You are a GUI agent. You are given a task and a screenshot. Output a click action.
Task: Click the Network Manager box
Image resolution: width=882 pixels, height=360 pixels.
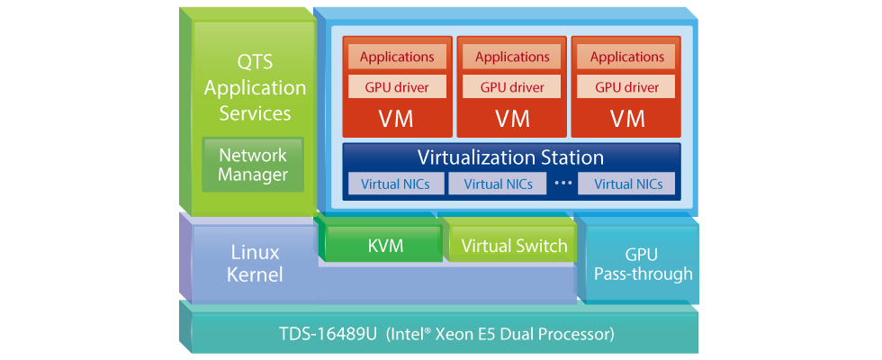253,164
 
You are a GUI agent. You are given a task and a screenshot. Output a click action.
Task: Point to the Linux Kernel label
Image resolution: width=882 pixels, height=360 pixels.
256,263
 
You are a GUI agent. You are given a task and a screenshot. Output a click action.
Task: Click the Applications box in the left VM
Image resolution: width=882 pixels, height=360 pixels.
397,57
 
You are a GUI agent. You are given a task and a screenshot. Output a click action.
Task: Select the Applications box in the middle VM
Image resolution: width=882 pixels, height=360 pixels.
512,57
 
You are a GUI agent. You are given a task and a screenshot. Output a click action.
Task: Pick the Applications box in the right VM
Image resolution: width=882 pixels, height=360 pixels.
627,57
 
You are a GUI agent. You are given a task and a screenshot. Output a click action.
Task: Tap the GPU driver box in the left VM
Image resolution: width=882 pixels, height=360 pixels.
397,87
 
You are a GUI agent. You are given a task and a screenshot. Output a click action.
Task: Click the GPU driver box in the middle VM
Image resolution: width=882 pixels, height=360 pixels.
512,87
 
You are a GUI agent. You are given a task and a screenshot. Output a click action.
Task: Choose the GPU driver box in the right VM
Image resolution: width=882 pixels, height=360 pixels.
627,87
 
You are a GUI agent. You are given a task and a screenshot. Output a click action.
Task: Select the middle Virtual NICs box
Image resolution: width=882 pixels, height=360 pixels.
491,184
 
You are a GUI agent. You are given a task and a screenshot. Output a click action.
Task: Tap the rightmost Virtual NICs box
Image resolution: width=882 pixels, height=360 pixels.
627,184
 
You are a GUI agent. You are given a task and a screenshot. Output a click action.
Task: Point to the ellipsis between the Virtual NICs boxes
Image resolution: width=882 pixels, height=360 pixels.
564,183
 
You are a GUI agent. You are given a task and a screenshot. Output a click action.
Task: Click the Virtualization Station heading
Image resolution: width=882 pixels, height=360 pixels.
510,157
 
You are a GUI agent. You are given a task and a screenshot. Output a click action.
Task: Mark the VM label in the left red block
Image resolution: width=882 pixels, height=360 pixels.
397,118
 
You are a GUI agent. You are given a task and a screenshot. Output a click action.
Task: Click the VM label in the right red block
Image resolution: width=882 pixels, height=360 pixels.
627,118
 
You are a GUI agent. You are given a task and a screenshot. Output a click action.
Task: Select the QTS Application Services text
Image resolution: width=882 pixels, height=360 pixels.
255,88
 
